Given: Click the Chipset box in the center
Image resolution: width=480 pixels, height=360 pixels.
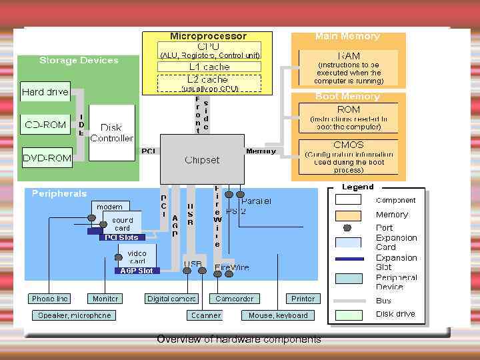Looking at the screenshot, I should (202, 160).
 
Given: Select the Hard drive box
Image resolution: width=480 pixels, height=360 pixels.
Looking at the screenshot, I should (45, 92).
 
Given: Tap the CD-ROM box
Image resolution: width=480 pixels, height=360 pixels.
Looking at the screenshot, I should (45, 125).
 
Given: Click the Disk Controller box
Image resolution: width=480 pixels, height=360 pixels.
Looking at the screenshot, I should (111, 133).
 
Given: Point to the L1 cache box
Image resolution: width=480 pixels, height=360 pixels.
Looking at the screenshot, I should (209, 67).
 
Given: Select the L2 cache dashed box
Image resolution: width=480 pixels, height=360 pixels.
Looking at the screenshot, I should (209, 80).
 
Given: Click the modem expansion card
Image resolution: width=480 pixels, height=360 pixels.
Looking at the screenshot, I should (109, 207).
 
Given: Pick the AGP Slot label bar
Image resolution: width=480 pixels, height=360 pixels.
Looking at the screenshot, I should (136, 271).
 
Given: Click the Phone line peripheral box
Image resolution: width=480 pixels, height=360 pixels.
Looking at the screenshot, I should (50, 299).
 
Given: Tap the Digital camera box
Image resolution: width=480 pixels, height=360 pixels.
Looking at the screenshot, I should (172, 299).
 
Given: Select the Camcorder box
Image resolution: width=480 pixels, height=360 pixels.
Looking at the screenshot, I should (235, 299).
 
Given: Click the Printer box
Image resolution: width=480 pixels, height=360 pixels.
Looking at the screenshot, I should (303, 299).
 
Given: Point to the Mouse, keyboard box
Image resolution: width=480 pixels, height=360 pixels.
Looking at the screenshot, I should (278, 315).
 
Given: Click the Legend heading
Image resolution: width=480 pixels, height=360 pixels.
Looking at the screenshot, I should (358, 187).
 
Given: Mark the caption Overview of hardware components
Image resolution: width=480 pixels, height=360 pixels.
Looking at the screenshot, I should (239, 339).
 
